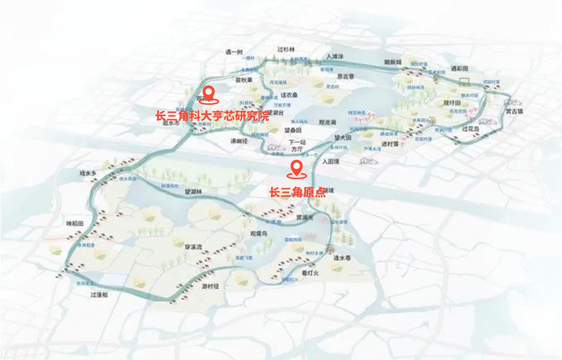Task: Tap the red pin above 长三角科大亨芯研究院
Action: [x=209, y=93]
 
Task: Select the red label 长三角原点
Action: [x=297, y=192]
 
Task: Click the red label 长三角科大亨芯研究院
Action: [x=212, y=115]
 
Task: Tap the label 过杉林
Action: [x=286, y=49]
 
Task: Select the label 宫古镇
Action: [x=515, y=110]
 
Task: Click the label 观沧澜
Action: [x=327, y=122]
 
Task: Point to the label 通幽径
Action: [x=241, y=140]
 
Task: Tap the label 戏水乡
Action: [x=88, y=172]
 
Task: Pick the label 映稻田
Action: [x=74, y=223]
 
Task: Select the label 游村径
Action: [x=212, y=286]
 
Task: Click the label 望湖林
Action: [x=193, y=192]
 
